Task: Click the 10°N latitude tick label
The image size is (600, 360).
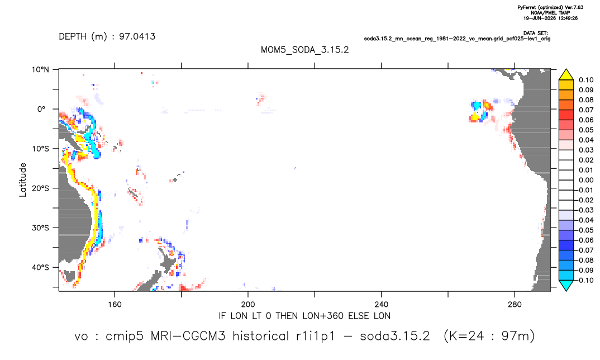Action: point(40,70)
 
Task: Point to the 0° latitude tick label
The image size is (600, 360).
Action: point(41,109)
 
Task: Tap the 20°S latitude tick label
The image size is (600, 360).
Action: point(40,188)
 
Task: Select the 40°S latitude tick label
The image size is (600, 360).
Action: point(40,267)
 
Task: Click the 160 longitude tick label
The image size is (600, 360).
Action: point(115,305)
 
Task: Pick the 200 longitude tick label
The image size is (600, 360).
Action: point(248,305)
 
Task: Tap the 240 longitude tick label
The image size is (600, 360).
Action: point(382,305)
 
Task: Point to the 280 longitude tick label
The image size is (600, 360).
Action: point(515,305)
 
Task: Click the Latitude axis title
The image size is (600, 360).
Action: point(23,180)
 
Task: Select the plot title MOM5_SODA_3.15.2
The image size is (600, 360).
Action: point(304,50)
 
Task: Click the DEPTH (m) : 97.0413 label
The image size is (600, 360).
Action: point(107,37)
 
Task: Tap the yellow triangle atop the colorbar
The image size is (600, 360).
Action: point(566,75)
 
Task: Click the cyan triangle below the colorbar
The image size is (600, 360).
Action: point(566,285)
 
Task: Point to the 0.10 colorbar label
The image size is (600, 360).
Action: point(586,80)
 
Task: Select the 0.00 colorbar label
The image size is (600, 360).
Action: point(586,180)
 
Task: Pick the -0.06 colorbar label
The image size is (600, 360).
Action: point(584,240)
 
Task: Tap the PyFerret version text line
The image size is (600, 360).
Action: point(550,7)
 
